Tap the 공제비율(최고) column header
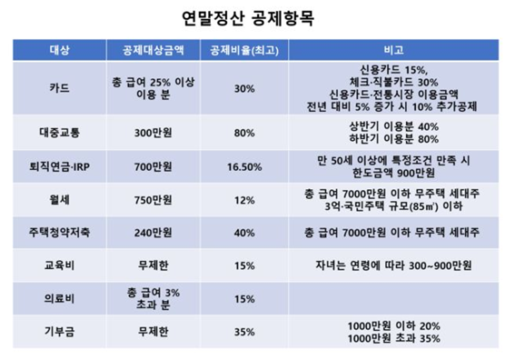(243, 48)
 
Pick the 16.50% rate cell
(243, 166)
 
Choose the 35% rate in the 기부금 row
(243, 332)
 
